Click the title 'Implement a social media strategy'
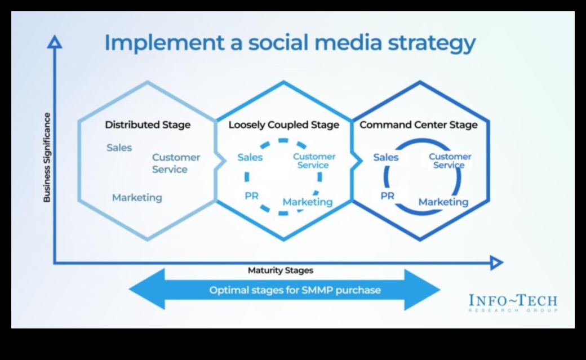290,43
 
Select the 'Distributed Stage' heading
148,125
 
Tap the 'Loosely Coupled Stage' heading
283,125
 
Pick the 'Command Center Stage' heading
418,125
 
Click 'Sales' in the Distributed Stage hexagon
119,148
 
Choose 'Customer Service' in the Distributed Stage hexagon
176,163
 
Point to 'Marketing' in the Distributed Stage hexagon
137,198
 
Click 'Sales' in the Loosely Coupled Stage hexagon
250,158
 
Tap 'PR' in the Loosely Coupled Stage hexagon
251,196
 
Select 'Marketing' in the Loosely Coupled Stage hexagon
307,202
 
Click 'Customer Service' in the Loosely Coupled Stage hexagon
314,161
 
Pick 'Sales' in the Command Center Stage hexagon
386,158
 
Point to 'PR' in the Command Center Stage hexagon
387,196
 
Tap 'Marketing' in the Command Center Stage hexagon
443,202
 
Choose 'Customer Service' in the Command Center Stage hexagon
450,161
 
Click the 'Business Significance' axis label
47,158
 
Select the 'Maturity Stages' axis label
280,270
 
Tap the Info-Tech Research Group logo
513,303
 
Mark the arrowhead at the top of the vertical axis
55,42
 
